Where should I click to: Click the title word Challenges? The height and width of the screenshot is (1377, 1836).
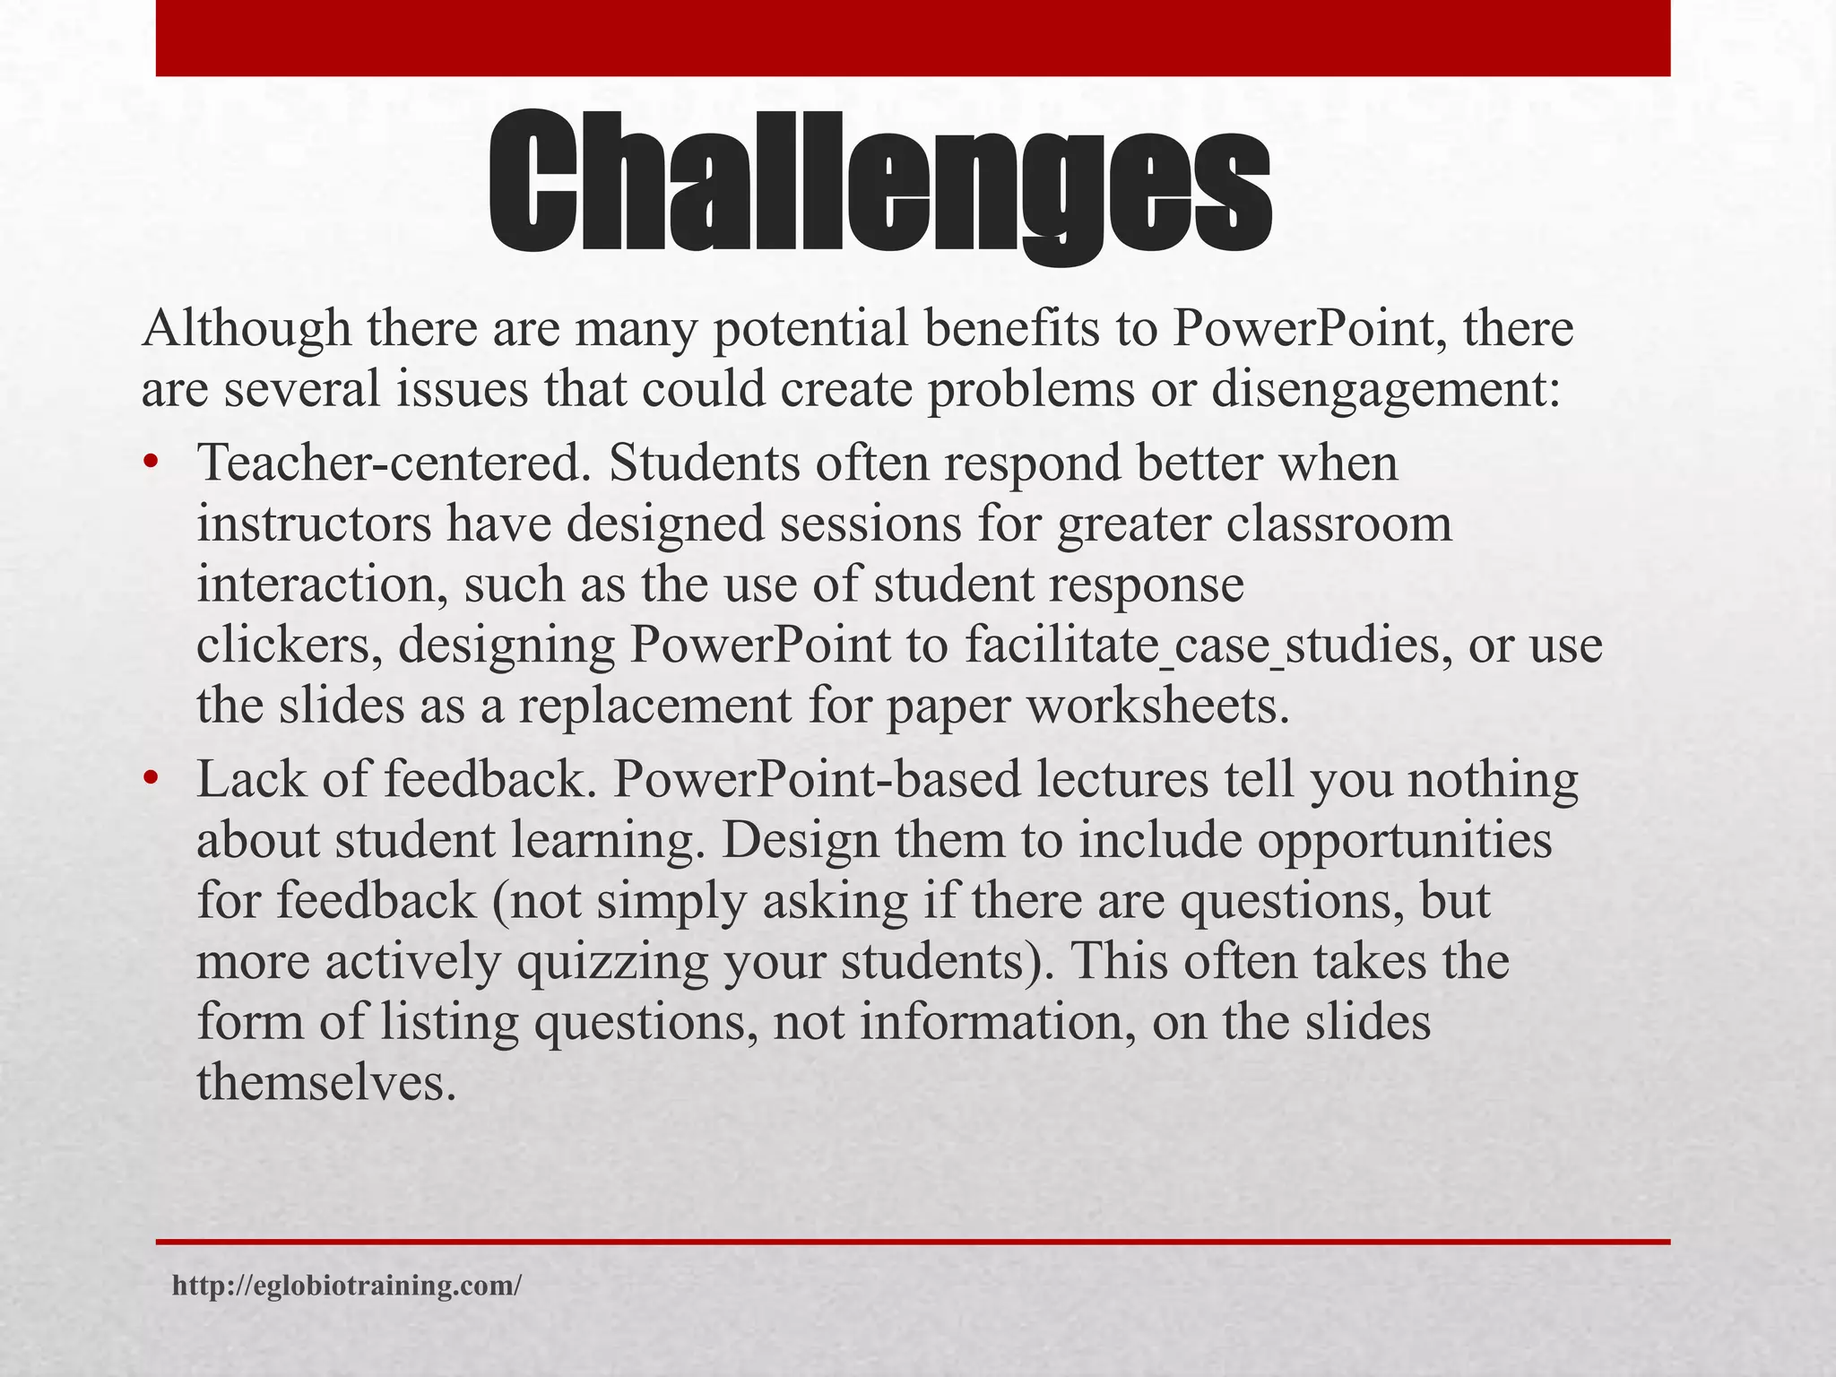pyautogui.click(x=879, y=184)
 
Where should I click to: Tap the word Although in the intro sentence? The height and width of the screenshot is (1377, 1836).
pyautogui.click(x=246, y=328)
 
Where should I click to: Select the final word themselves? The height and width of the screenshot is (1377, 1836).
pyautogui.click(x=321, y=1083)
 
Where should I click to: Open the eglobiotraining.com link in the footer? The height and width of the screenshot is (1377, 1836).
pyautogui.click(x=346, y=1286)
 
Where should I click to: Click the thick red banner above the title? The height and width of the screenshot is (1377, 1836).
pyautogui.click(x=913, y=38)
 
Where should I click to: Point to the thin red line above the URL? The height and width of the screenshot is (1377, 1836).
pyautogui.click(x=913, y=1242)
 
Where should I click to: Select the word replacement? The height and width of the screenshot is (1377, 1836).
pyautogui.click(x=655, y=706)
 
